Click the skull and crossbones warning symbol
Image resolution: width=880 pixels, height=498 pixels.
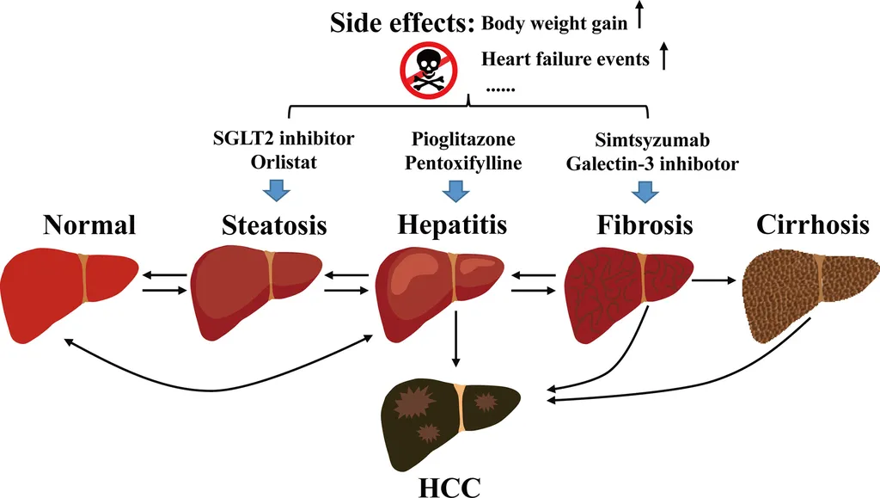[x=426, y=70]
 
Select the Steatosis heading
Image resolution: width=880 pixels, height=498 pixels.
[x=274, y=224]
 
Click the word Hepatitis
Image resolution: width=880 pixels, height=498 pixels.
[x=452, y=224]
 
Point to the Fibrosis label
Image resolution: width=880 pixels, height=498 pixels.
[x=645, y=224]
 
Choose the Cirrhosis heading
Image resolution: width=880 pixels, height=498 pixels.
[x=812, y=224]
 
